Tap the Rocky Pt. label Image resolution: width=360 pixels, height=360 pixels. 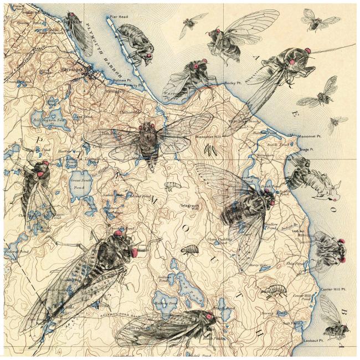click(x=231, y=83)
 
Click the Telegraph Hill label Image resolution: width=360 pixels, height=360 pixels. click(x=189, y=207)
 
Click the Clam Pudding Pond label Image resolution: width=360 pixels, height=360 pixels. click(x=218, y=240)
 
